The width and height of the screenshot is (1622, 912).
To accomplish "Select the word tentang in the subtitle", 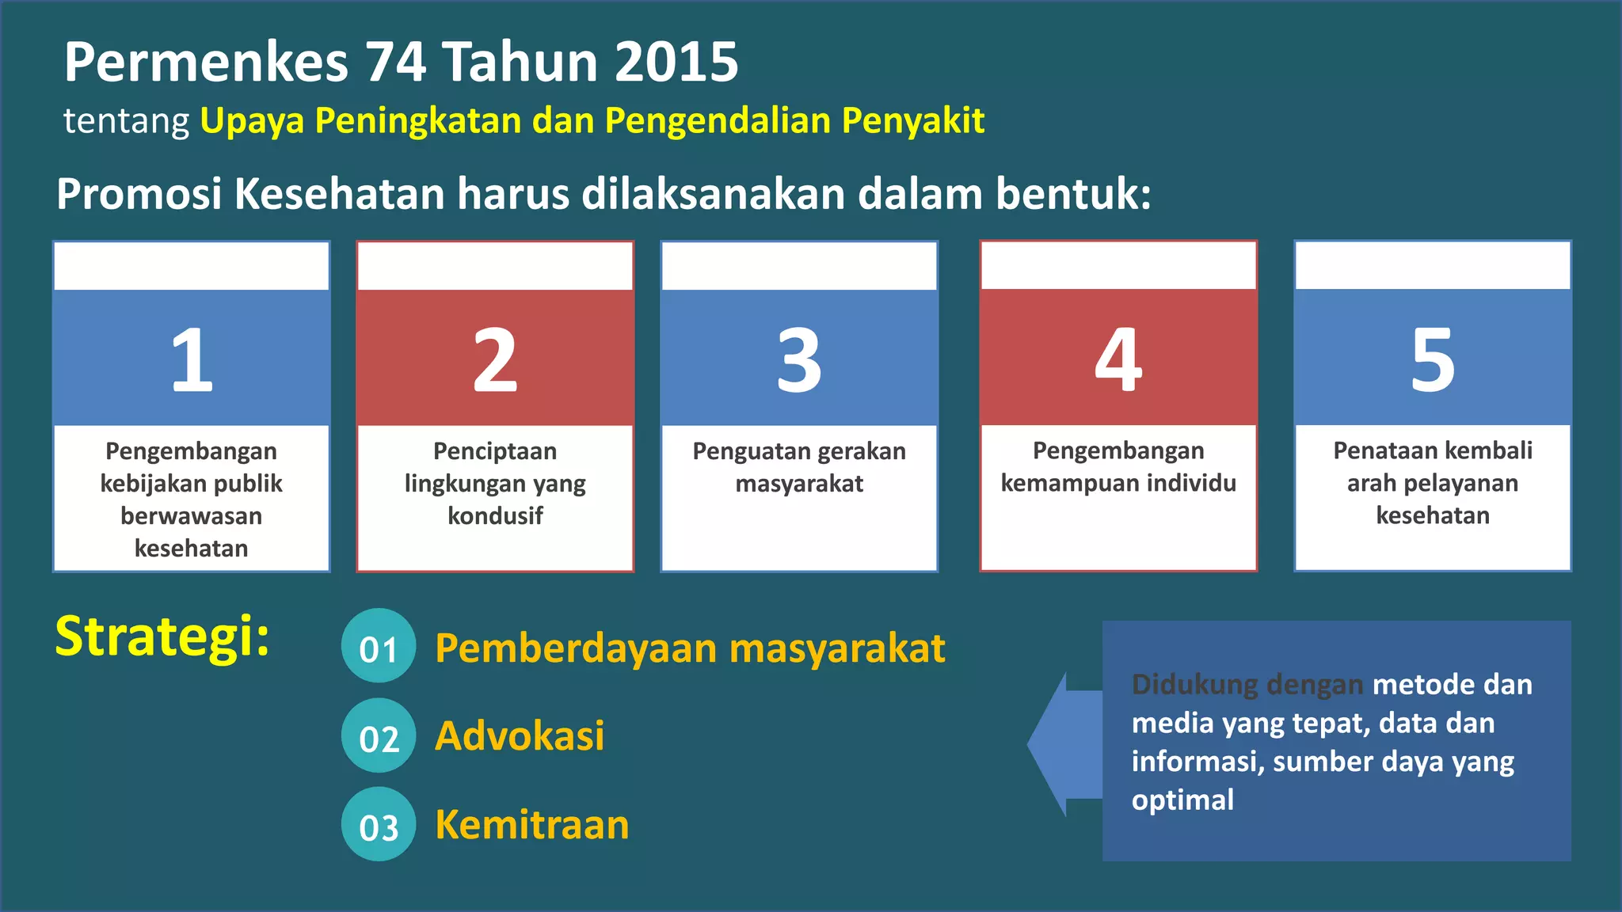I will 126,121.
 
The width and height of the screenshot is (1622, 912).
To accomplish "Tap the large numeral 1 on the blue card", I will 192,360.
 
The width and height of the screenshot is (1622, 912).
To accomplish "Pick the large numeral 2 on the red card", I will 495,360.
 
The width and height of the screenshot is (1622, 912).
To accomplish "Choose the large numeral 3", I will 799,360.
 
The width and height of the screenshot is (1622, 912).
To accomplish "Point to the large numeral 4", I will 1118,360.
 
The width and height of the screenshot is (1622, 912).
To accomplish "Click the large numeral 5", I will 1433,360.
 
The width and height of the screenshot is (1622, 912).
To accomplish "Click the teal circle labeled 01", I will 379,646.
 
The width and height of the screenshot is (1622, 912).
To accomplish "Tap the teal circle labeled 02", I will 379,736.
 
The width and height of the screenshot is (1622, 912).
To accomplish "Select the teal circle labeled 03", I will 379,825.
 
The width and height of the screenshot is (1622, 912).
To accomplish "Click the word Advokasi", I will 520,736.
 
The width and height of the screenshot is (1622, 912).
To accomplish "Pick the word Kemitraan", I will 532,825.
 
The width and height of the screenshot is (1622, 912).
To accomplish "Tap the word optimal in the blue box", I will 1182,800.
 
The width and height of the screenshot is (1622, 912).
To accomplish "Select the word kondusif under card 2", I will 495,516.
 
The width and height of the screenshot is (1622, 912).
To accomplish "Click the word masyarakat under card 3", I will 799,484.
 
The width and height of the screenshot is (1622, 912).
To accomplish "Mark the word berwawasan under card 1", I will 191,516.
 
